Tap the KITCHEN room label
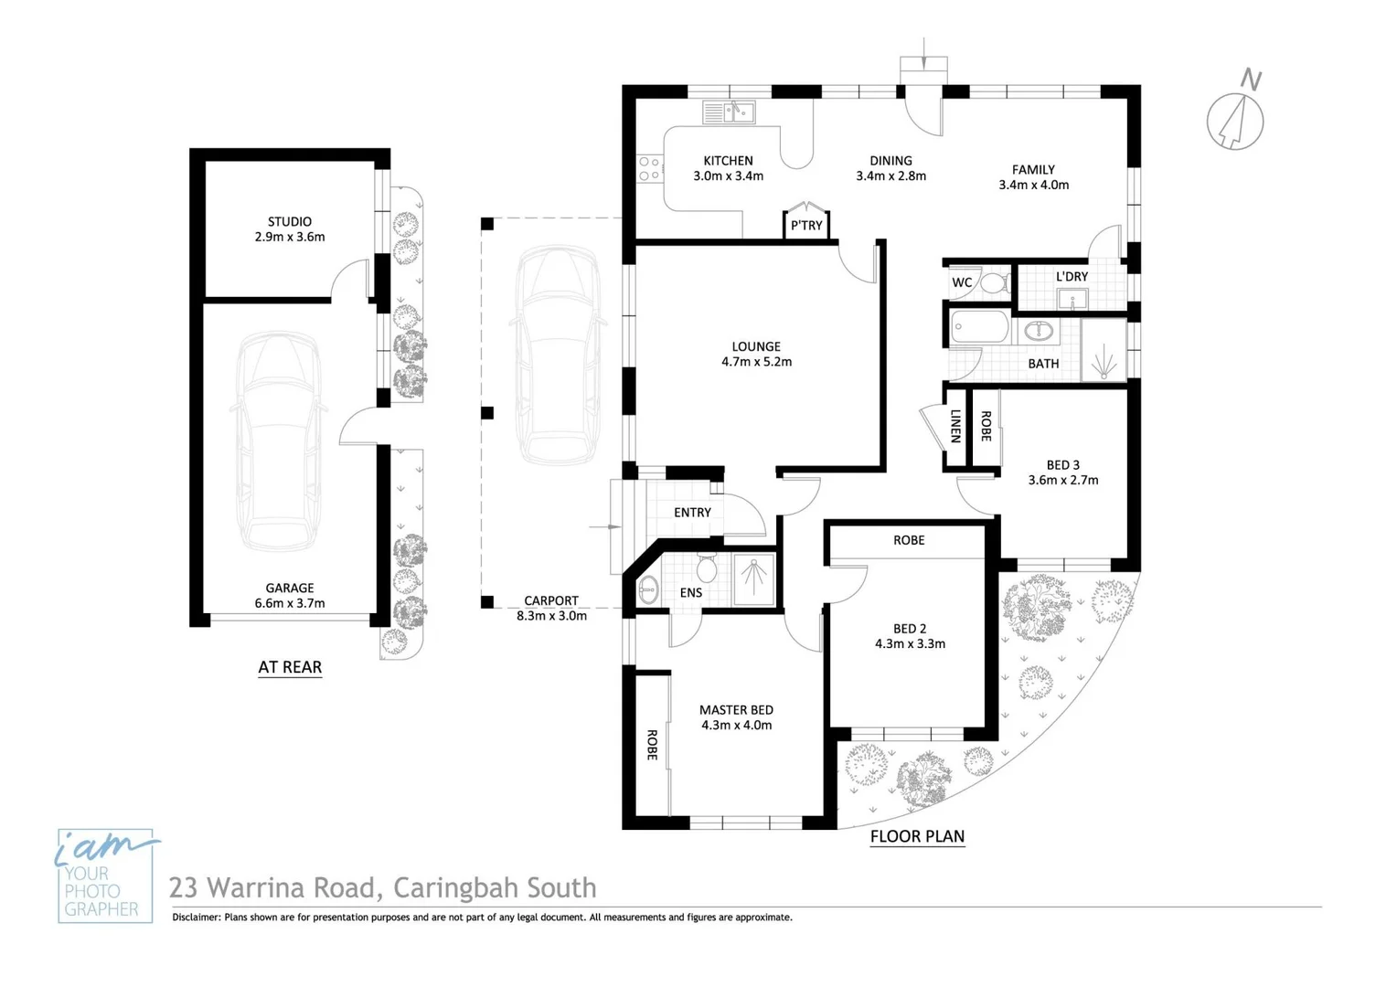[728, 161]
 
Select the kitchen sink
[729, 112]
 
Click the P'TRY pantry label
[806, 226]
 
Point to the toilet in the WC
[992, 281]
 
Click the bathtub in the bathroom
[979, 327]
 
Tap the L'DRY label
[1072, 277]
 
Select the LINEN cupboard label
[955, 426]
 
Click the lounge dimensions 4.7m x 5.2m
[756, 362]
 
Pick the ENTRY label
[692, 513]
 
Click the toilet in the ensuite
[706, 569]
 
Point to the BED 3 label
[1062, 465]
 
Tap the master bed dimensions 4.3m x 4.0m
[736, 726]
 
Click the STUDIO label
[290, 222]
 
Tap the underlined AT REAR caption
[290, 667]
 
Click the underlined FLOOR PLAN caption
[917, 836]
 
